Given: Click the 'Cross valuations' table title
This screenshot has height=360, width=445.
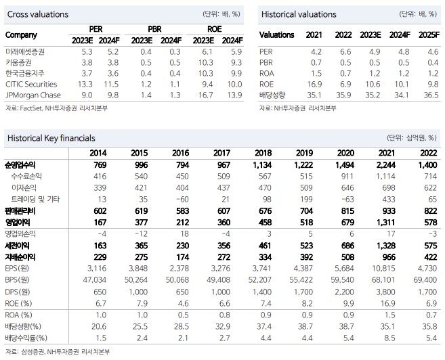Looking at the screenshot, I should coord(36,14).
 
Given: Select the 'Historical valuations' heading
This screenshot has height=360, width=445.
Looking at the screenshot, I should coord(296,14).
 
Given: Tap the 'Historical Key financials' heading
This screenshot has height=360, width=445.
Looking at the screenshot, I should coord(51,137).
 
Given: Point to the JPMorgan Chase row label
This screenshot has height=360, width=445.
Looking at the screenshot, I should coord(33,95).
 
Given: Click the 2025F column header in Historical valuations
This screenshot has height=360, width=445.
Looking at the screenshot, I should coord(426,35).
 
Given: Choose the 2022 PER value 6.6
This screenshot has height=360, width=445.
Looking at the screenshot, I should coord(344,51).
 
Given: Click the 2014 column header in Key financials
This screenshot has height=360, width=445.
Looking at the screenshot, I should coord(98,154).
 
